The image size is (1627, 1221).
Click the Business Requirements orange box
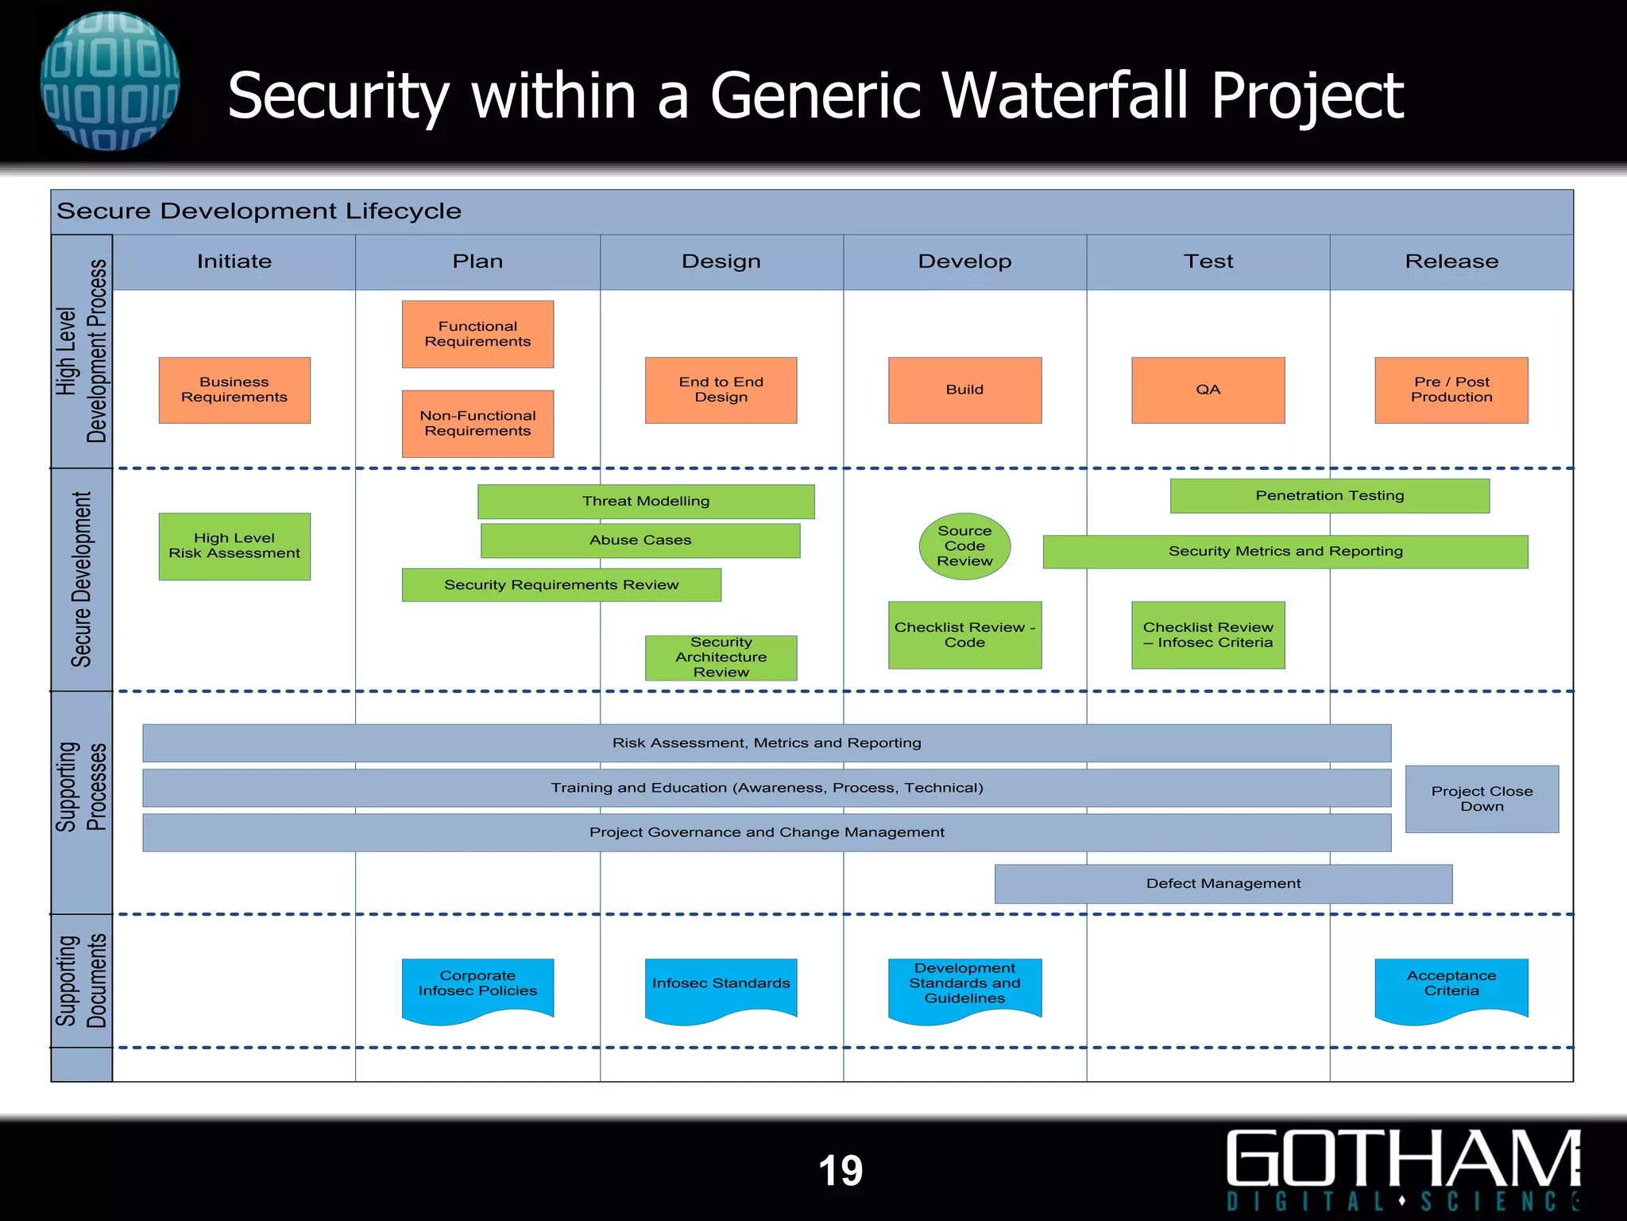[234, 390]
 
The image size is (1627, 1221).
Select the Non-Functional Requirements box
[477, 423]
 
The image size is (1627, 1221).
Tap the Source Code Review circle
[964, 546]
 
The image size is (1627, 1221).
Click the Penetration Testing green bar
[1329, 495]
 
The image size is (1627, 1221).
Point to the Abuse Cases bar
[640, 540]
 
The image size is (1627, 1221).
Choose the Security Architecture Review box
[721, 657]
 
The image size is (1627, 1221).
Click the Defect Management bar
[1223, 883]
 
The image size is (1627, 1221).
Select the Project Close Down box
[1482, 799]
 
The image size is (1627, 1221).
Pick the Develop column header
[964, 262]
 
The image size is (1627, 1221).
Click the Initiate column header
[234, 262]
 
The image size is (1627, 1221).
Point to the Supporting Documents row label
[81, 981]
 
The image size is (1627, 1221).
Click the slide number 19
[841, 1170]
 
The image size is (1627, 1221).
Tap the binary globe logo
[110, 81]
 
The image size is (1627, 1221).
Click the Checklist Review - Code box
[964, 634]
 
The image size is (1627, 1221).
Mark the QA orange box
[1208, 390]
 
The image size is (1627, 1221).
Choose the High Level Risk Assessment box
[234, 546]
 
